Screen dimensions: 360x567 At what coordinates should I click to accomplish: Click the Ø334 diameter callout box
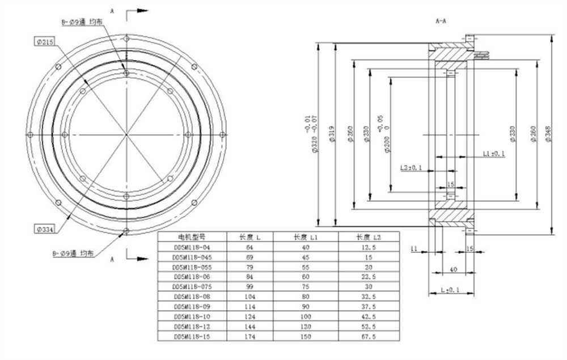click(44, 229)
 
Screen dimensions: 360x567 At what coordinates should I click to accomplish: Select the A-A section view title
click(441, 21)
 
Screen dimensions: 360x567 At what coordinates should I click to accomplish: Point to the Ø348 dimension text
click(547, 134)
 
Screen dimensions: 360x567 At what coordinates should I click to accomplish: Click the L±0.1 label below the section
click(450, 290)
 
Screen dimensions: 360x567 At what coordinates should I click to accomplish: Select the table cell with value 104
click(249, 297)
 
